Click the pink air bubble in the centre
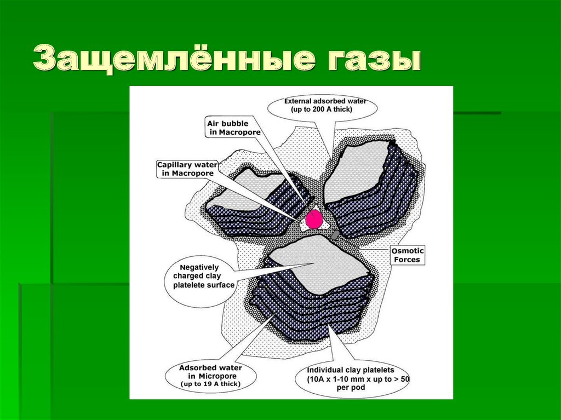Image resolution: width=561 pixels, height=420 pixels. click(x=314, y=219)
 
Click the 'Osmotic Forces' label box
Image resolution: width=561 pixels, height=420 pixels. click(x=407, y=255)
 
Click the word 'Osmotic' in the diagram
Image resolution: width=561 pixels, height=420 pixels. click(x=407, y=251)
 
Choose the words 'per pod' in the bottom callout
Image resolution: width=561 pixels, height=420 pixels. click(x=351, y=388)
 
